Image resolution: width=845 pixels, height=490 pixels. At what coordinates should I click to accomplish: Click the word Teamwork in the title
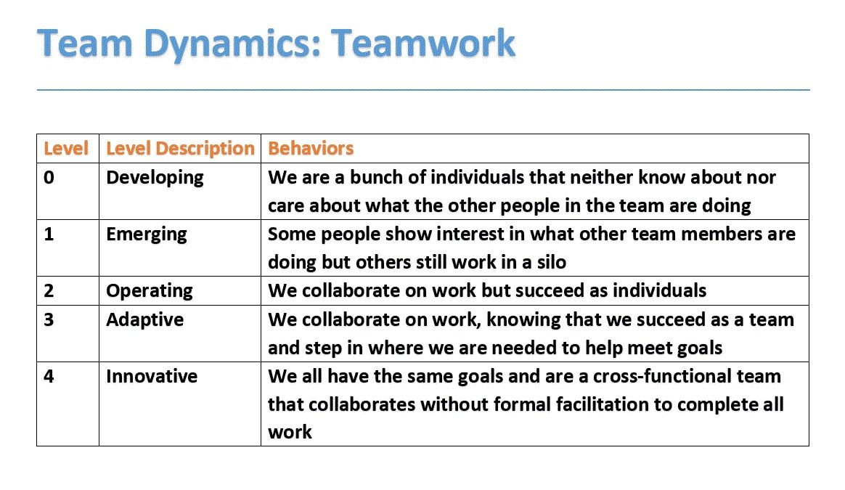click(x=423, y=43)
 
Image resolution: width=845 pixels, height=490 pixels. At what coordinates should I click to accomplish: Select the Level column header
click(x=66, y=148)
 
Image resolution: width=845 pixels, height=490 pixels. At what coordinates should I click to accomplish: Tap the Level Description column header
click(x=180, y=149)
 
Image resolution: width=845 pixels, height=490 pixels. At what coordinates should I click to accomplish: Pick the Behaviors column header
click(x=311, y=148)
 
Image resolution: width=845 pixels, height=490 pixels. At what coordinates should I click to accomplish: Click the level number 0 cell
click(x=49, y=177)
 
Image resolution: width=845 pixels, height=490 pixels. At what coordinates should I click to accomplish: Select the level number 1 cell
click(x=49, y=234)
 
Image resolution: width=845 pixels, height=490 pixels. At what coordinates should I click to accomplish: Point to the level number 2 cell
click(x=49, y=290)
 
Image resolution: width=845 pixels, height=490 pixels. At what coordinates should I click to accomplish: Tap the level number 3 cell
click(x=49, y=319)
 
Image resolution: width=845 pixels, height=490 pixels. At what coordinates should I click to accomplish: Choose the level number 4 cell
click(x=49, y=376)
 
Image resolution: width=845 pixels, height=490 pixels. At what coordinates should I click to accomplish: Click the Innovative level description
click(x=152, y=376)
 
